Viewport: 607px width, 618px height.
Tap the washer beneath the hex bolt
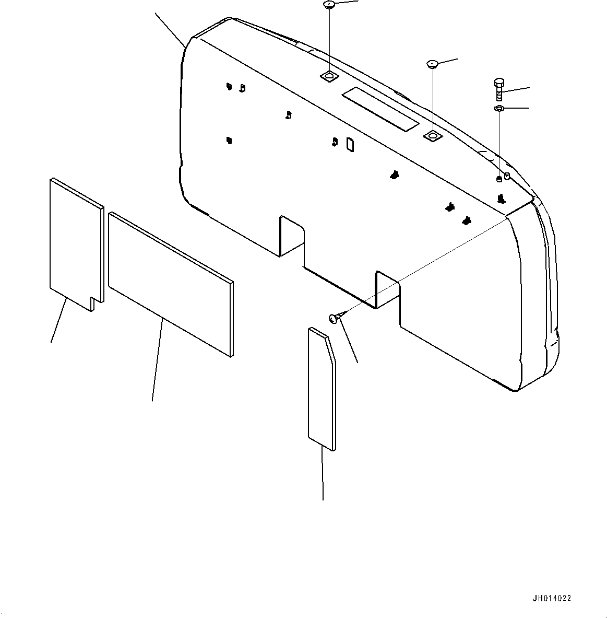[498, 108]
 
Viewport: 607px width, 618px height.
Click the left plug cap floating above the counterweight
[329, 5]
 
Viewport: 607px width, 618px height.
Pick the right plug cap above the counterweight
[432, 64]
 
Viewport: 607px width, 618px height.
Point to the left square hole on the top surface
[329, 77]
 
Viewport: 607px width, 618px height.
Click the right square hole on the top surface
[433, 136]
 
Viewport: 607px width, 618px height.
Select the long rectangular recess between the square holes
[380, 109]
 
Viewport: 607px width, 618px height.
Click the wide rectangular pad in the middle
[170, 282]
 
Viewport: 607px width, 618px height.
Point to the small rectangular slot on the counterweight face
[350, 145]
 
